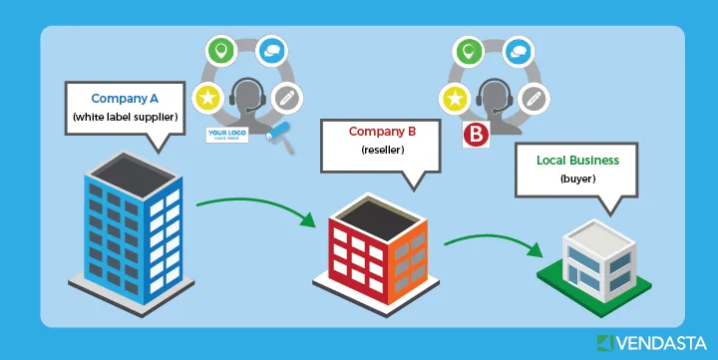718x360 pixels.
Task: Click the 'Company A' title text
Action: coord(125,99)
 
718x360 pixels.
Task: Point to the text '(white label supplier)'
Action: coord(125,118)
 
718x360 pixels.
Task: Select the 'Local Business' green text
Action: coord(577,161)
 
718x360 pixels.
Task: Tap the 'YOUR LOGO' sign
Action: coord(225,134)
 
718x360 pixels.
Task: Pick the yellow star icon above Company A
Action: coord(207,98)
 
